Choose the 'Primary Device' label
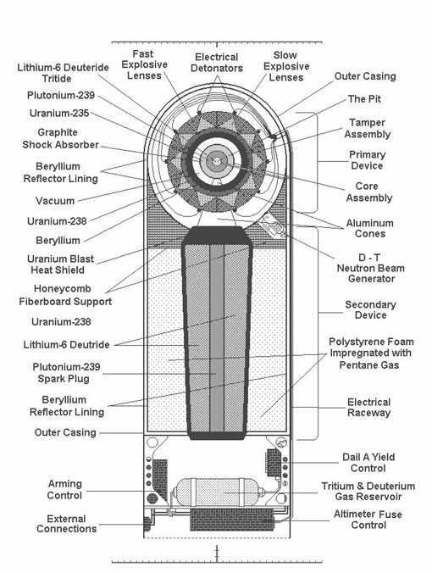[368, 161]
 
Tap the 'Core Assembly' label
[368, 192]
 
